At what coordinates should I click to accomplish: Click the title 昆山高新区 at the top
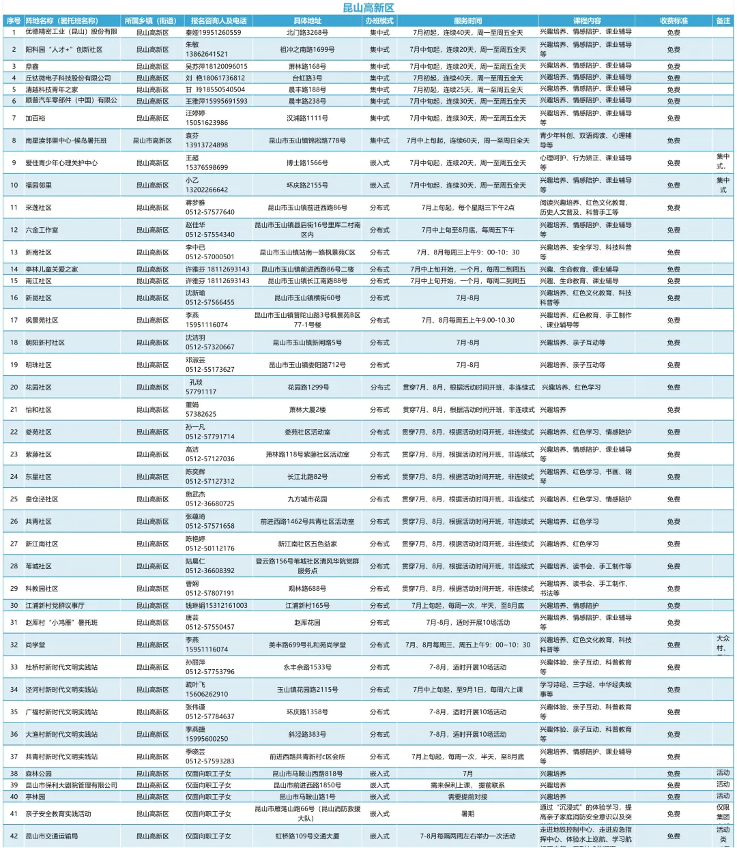pos(368,8)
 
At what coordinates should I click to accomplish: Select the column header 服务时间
pos(467,21)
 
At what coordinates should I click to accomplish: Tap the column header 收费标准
pos(674,21)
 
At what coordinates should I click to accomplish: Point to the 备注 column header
pos(723,21)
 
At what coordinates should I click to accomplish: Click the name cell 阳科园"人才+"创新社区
pos(64,50)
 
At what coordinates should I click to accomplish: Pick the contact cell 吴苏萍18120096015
pos(217,67)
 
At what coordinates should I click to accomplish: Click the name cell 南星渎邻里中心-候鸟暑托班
pos(66,141)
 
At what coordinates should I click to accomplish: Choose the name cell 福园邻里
pos(38,186)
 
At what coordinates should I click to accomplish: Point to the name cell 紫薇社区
pos(38,454)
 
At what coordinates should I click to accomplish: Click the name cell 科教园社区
pos(42,589)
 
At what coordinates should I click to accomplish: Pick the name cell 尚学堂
pos(35,645)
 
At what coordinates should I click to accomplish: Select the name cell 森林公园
pos(38,774)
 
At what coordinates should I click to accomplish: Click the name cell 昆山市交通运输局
pos(52,836)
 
